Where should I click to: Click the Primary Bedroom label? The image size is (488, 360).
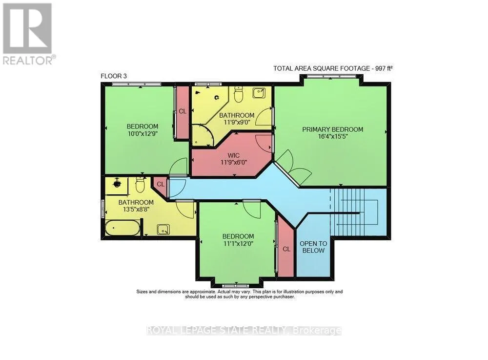click(x=332, y=129)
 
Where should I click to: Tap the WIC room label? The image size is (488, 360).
click(x=233, y=155)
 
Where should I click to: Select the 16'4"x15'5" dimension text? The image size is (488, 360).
click(x=333, y=136)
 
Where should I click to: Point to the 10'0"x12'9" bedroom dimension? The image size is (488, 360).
click(x=142, y=133)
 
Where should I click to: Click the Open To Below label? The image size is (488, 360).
click(x=313, y=247)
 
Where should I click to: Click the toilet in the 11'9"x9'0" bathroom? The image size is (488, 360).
click(x=238, y=94)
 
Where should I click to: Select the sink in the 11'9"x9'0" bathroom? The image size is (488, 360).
click(x=259, y=92)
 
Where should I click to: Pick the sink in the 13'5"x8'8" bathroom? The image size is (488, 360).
click(x=163, y=229)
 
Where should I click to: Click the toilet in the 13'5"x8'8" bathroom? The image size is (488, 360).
click(x=141, y=185)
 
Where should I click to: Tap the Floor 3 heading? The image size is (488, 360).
click(x=114, y=76)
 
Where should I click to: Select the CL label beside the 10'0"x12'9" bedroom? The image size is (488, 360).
click(x=183, y=111)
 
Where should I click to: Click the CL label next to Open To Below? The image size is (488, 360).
click(x=286, y=249)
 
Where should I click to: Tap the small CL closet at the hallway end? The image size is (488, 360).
click(x=161, y=184)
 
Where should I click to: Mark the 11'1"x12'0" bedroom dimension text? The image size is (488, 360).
click(x=238, y=243)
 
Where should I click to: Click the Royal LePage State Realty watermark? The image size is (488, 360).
click(x=244, y=330)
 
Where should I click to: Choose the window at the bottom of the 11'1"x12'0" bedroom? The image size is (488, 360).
click(x=236, y=285)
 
